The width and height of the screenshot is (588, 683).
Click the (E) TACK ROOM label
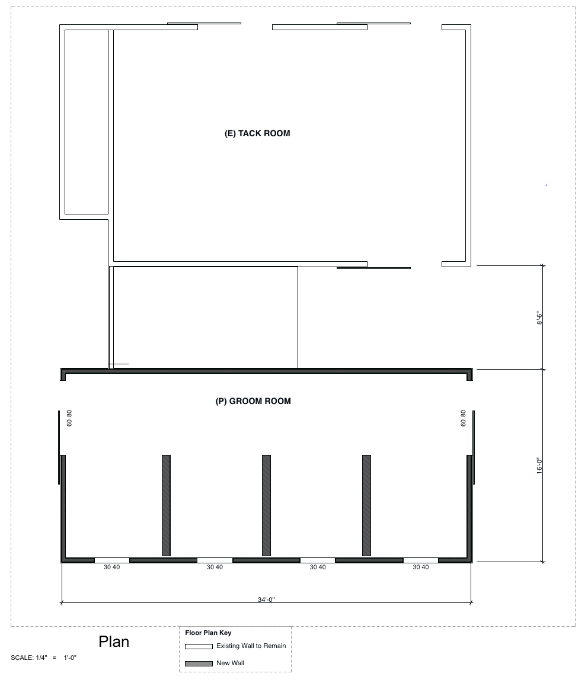[x=257, y=133]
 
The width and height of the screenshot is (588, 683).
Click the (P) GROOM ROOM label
[x=253, y=401]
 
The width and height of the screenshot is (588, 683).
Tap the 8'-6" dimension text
[x=539, y=319]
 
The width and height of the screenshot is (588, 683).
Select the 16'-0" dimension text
[x=539, y=466]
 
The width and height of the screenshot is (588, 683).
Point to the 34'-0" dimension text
[x=266, y=599]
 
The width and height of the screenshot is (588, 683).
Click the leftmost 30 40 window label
[x=111, y=567]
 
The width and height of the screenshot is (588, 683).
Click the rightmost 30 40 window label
[x=421, y=567]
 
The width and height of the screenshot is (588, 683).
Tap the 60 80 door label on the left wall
[x=69, y=418]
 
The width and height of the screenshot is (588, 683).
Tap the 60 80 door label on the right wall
[x=463, y=418]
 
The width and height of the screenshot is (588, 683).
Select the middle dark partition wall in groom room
[x=266, y=505]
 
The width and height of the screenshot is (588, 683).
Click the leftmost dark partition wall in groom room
[x=166, y=505]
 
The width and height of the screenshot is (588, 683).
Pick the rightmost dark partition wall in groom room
[x=366, y=505]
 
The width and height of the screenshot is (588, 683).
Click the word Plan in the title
[x=114, y=642]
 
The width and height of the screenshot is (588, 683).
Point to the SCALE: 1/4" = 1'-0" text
[x=44, y=658]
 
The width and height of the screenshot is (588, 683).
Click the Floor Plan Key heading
[x=208, y=633]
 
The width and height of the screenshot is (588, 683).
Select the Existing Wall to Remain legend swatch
[x=199, y=646]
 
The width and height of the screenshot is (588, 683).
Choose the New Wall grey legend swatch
[x=199, y=663]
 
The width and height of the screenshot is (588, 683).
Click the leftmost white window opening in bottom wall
[x=112, y=560]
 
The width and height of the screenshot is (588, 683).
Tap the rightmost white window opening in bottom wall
[x=421, y=560]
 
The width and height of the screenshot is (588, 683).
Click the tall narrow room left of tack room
[x=87, y=122]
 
